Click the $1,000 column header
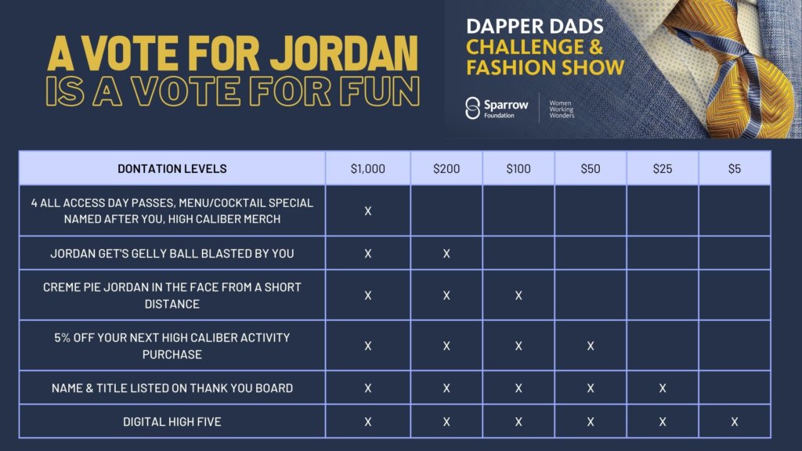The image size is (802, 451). point(367,168)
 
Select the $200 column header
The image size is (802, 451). point(446,168)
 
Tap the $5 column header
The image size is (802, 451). point(734,168)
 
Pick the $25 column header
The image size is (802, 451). point(662,168)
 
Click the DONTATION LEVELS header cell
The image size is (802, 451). point(172,168)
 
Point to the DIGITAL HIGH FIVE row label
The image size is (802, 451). point(172,422)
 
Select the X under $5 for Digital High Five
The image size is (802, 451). point(734,422)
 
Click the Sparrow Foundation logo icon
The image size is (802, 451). point(472,108)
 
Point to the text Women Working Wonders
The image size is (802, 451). point(561,109)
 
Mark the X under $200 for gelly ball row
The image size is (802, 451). point(446,254)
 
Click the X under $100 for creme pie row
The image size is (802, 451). point(518,295)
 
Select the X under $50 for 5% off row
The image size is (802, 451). point(590,345)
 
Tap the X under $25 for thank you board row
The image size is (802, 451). point(662,388)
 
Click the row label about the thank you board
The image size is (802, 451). point(172,388)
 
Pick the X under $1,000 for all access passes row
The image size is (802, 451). point(367,211)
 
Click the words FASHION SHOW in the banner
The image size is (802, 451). point(545,67)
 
